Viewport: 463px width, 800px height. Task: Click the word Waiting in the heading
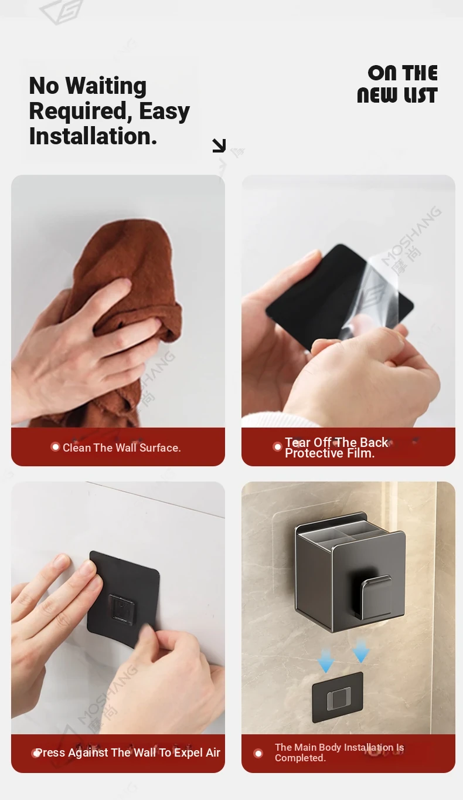tap(106, 87)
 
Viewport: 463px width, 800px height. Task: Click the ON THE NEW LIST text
tap(397, 84)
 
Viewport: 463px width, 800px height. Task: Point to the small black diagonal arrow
tap(219, 145)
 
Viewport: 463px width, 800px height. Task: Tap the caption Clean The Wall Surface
tap(122, 448)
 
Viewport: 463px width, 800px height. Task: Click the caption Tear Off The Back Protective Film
tap(336, 448)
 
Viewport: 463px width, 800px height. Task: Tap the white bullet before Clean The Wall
tap(55, 447)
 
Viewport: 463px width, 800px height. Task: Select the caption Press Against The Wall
tap(128, 752)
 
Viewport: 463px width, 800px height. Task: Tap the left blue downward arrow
tap(325, 661)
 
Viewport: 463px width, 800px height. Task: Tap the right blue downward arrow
tap(360, 651)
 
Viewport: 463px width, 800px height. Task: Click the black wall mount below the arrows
tap(338, 697)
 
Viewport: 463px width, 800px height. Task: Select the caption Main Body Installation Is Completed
tap(339, 752)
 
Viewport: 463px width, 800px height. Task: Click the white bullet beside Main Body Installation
tap(258, 753)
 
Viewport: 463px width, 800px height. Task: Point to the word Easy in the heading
tap(164, 111)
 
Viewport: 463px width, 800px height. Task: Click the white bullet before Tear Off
tap(277, 447)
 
